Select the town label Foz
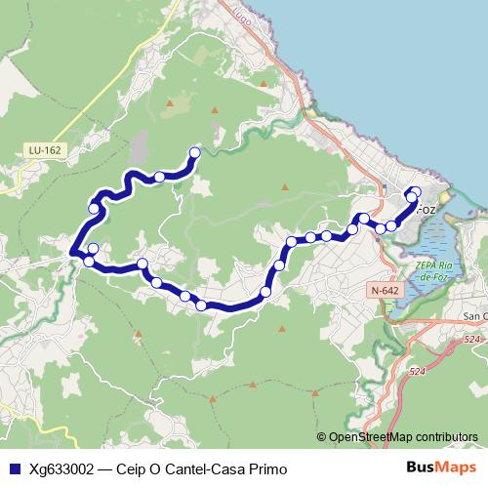point(427,210)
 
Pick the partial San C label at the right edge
point(475,316)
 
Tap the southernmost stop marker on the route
point(201,305)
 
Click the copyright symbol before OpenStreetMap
point(322,437)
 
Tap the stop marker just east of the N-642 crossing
point(391,225)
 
